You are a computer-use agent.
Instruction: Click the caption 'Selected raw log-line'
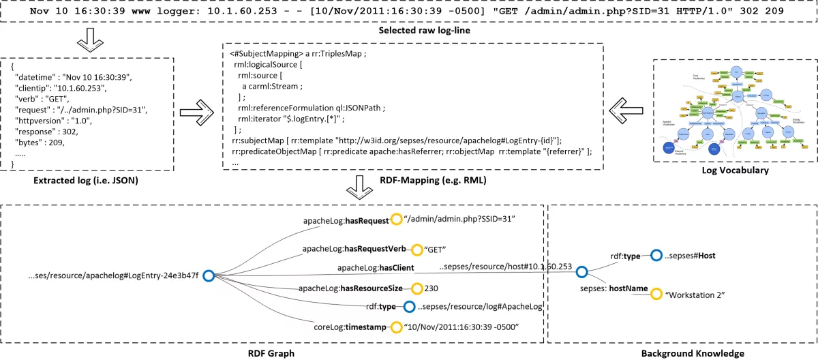click(x=409, y=32)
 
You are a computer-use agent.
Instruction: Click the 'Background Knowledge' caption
click(x=683, y=353)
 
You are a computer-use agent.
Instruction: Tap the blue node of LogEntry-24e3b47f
click(x=209, y=275)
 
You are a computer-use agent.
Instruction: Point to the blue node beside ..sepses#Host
click(x=656, y=256)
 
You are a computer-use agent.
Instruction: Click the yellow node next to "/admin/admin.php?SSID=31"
click(x=395, y=220)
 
